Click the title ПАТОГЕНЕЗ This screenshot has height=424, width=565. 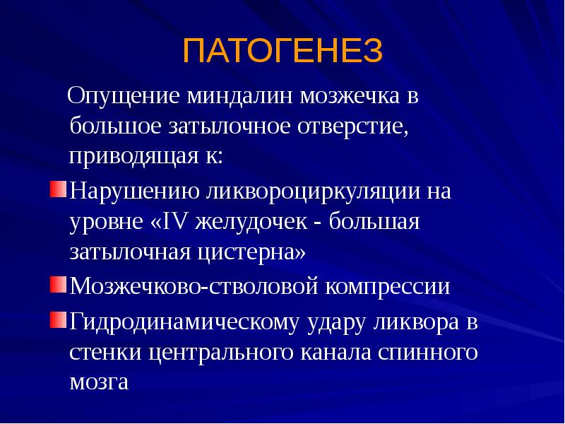pos(282,52)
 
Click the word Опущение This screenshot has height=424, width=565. pos(124,96)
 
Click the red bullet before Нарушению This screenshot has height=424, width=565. pos(59,190)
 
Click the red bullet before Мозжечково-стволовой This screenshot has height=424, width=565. pos(59,285)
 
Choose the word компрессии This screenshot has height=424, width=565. pos(390,286)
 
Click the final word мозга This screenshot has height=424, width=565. pos(99,382)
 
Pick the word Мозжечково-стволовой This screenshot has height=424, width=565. pos(191,286)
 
